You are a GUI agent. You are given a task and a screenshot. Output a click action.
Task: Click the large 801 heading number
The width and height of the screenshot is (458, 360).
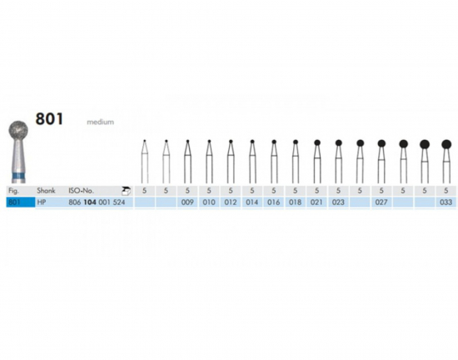coord(49,119)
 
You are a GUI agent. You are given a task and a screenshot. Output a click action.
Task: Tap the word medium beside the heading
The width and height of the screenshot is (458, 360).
coord(101,122)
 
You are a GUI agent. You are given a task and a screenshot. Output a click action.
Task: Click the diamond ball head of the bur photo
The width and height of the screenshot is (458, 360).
coord(18,130)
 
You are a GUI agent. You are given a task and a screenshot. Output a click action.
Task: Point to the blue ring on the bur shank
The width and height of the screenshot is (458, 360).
coord(18,177)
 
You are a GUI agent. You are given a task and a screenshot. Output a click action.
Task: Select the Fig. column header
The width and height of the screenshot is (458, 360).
coord(13,191)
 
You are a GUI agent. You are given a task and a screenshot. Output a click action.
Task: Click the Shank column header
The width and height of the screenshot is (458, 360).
coord(46,191)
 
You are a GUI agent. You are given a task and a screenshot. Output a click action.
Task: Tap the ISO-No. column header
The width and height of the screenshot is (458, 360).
coord(82,191)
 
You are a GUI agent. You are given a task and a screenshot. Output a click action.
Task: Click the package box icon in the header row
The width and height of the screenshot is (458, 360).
coord(127,191)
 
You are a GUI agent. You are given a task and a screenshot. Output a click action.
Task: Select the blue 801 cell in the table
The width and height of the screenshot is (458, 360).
coord(21,202)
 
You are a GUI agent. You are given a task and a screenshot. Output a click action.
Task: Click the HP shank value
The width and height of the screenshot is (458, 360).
coord(42,202)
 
